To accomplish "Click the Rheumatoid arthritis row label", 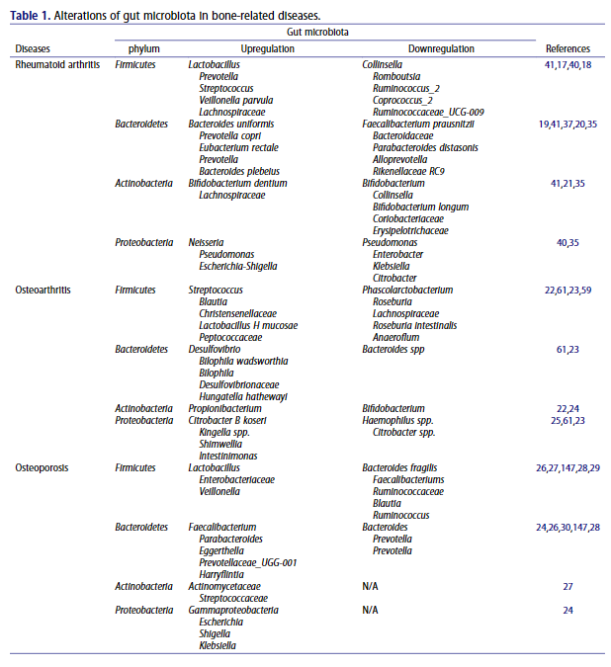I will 56,64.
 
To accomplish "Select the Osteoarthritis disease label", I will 43,291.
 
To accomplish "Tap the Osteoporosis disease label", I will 41,468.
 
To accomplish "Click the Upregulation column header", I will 267,48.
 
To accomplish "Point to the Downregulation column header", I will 441,48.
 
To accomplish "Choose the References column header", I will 567,48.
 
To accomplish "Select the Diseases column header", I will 33,48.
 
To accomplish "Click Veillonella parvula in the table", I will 236,100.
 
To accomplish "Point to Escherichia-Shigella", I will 238,266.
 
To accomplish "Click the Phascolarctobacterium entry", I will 407,291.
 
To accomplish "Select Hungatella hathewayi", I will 243,396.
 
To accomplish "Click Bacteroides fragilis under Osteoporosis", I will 399,468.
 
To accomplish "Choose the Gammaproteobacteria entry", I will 233,611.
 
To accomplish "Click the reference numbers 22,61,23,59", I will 567,291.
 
